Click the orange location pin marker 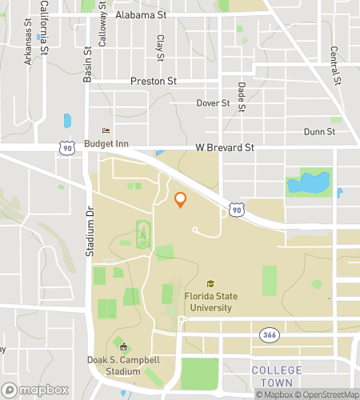coord(181,199)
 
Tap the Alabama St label coord(140,14)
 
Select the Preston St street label coord(153,82)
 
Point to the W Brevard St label coord(225,148)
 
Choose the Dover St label coord(213,103)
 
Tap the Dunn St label coord(318,132)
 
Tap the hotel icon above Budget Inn coord(104,131)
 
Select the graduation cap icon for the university coord(210,284)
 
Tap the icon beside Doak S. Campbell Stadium coord(122,346)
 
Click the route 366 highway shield coord(266,334)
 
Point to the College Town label coord(277,376)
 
